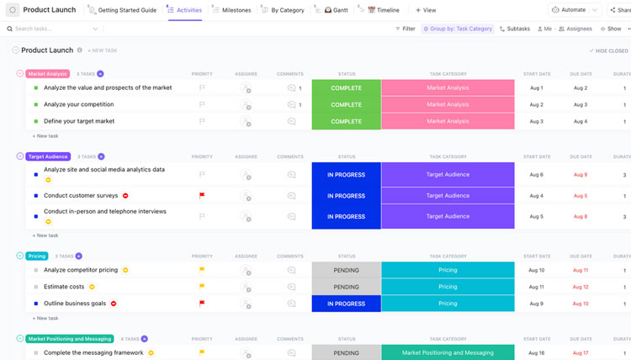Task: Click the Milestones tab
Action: point(231,10)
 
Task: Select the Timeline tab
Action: point(384,10)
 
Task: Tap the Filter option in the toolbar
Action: point(405,29)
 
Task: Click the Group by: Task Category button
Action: point(458,29)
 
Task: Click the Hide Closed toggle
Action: point(608,50)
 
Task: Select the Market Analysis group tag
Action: point(47,74)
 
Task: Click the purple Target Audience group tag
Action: point(48,156)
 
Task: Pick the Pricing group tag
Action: point(37,256)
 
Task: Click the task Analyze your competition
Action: point(78,104)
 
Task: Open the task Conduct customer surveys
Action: point(81,195)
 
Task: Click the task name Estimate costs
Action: point(64,287)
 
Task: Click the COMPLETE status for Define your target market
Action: point(346,121)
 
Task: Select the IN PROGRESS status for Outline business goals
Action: point(346,304)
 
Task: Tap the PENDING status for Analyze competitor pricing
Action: point(346,270)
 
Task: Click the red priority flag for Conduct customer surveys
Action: point(202,195)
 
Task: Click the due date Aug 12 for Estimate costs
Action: point(581,287)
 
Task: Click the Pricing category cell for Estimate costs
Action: point(448,287)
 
